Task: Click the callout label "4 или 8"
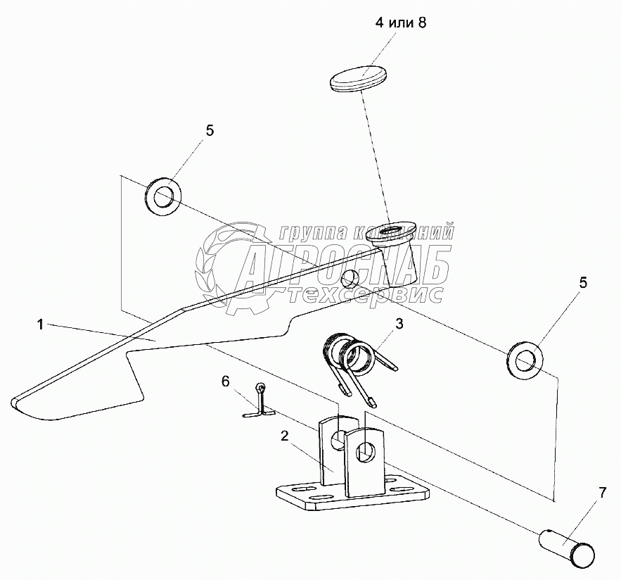401,23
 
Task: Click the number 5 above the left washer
210,130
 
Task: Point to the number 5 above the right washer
583,283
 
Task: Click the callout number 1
41,324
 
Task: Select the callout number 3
399,324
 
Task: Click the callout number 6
226,382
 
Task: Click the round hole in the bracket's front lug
365,451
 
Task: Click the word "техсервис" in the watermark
366,296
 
